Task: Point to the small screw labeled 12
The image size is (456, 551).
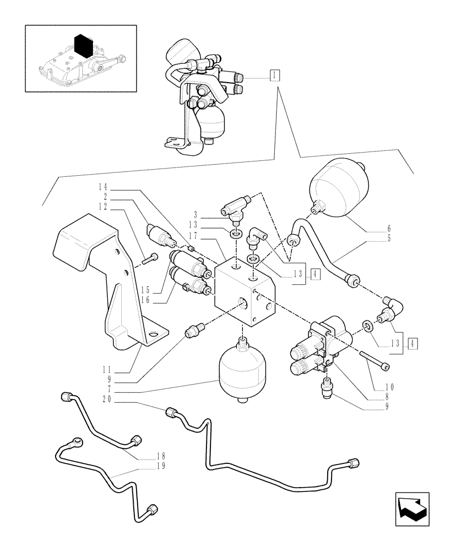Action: pyautogui.click(x=149, y=257)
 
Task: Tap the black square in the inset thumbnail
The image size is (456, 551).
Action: pyautogui.click(x=82, y=45)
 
